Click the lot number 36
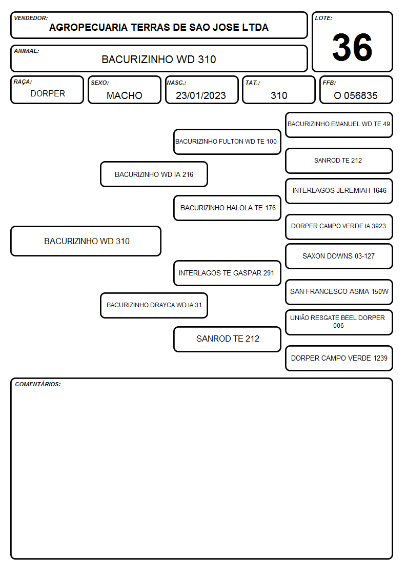(352, 47)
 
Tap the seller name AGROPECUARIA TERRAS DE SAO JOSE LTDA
(159, 28)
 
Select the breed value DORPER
(48, 94)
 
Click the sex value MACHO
(125, 95)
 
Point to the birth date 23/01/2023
(201, 95)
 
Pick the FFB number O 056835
(356, 95)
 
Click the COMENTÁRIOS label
(38, 384)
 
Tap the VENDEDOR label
(31, 18)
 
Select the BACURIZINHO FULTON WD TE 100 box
(227, 142)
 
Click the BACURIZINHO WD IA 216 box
(154, 174)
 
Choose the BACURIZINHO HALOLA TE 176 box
(227, 208)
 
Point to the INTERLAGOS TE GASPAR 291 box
(227, 273)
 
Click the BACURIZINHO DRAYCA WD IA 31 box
(154, 305)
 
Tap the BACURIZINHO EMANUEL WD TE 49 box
(339, 125)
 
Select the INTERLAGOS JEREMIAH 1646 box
(339, 191)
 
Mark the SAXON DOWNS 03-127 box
(339, 256)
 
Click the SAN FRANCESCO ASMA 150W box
(339, 292)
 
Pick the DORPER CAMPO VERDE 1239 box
(339, 358)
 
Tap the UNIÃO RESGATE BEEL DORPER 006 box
(339, 322)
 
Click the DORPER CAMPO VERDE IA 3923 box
(339, 227)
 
